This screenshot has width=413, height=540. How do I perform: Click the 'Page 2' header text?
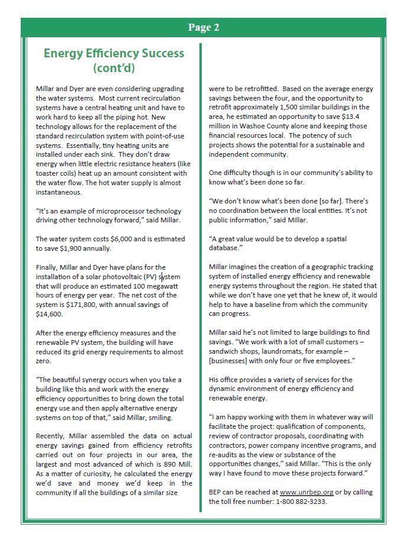[x=204, y=27]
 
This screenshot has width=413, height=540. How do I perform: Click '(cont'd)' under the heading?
[x=114, y=68]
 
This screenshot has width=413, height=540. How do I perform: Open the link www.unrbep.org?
[x=305, y=492]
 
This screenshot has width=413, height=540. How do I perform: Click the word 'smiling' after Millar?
[x=157, y=418]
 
